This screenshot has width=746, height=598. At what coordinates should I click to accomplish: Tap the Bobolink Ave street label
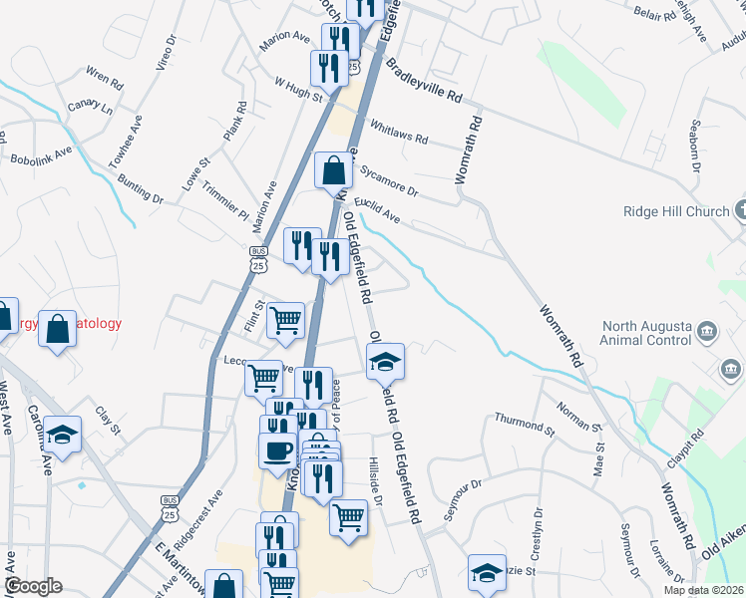click(42, 155)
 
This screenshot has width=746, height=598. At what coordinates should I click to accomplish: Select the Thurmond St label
click(524, 425)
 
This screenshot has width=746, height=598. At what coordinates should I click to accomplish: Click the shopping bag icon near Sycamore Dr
click(333, 169)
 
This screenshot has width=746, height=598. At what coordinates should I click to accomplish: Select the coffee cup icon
click(277, 448)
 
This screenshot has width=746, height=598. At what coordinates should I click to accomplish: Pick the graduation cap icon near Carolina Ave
click(62, 435)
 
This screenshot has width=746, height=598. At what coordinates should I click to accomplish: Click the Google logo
click(33, 586)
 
